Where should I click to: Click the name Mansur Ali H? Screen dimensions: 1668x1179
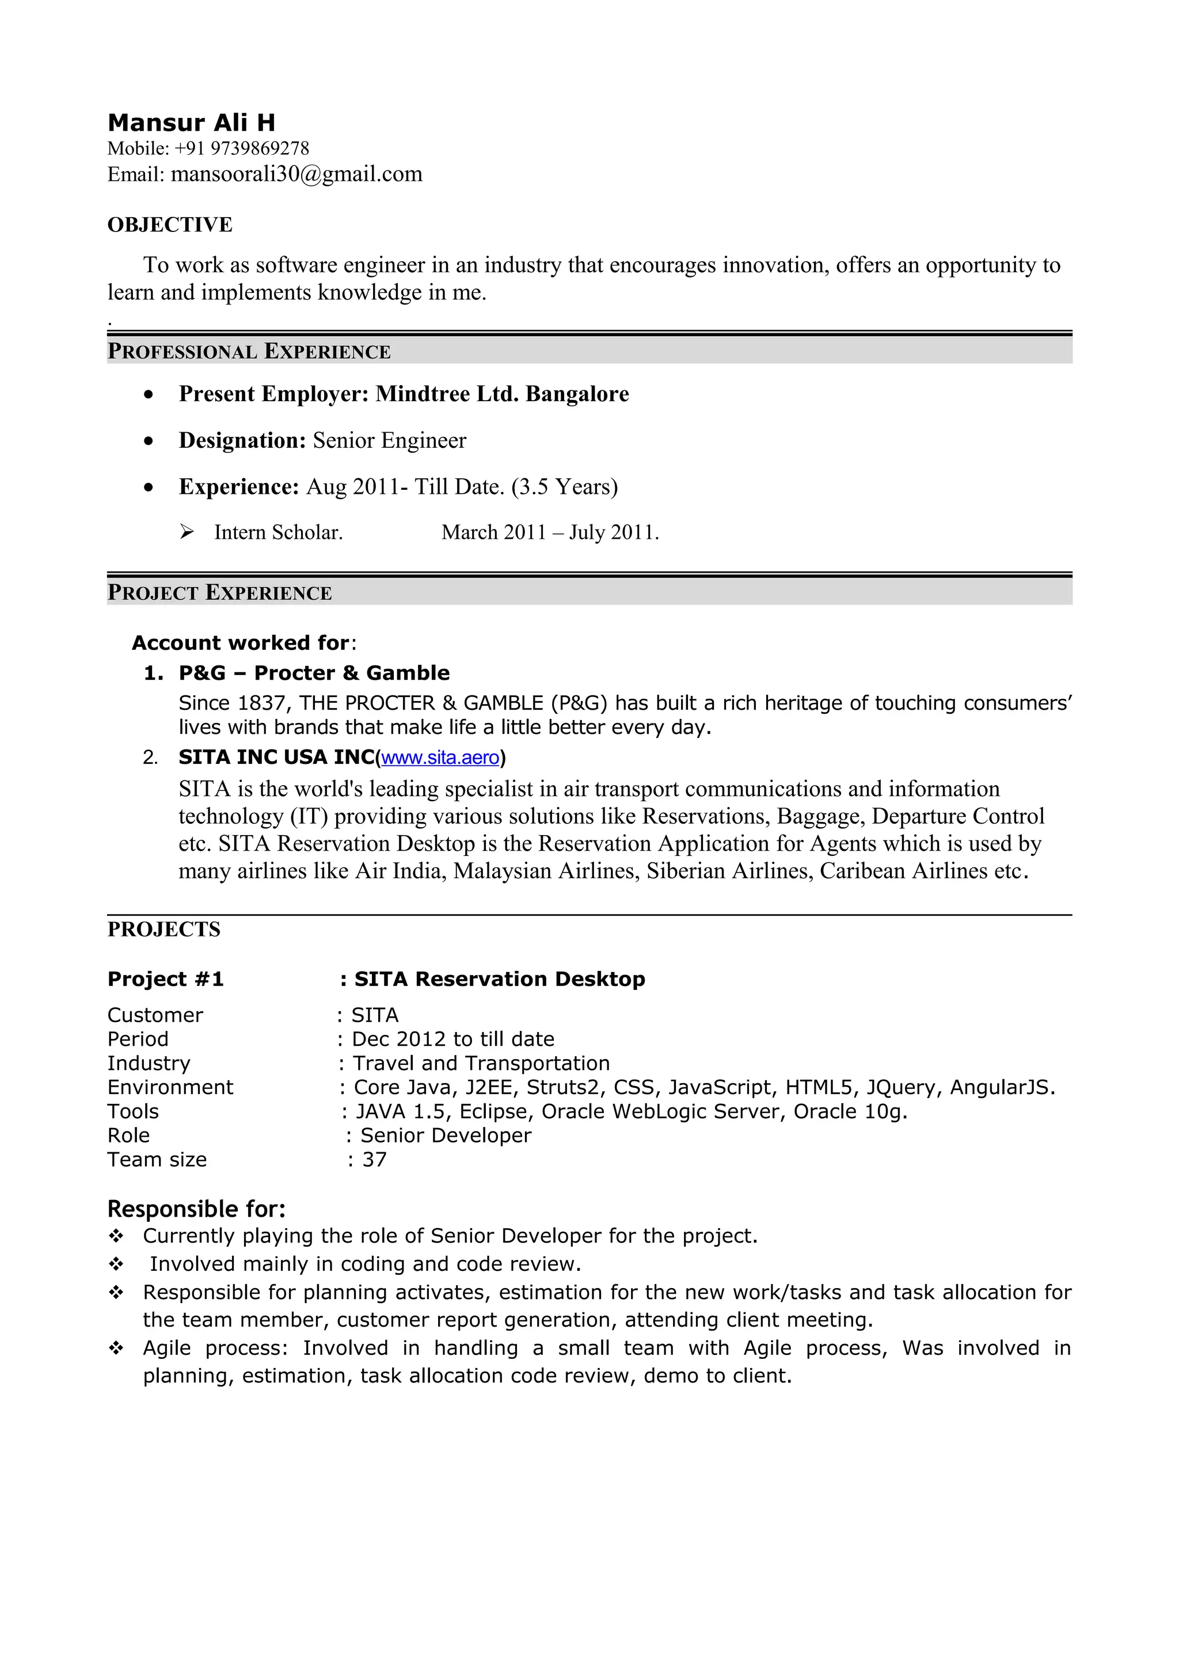click(x=191, y=122)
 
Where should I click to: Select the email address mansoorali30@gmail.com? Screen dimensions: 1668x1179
click(x=296, y=174)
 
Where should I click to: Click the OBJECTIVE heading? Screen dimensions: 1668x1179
click(x=170, y=224)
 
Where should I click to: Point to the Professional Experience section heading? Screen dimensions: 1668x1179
click(x=249, y=352)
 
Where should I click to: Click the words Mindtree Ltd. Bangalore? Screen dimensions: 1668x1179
click(x=502, y=394)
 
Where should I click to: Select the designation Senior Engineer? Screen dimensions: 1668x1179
click(x=389, y=440)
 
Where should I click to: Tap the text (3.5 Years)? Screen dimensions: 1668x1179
click(x=564, y=487)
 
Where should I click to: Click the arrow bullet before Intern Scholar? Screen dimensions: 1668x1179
click(x=187, y=532)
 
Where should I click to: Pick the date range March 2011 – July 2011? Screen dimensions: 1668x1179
click(x=550, y=532)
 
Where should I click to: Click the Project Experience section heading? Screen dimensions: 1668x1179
click(x=219, y=593)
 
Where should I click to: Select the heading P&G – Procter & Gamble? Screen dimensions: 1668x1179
click(x=314, y=673)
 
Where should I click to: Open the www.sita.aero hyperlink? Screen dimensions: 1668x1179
click(x=439, y=757)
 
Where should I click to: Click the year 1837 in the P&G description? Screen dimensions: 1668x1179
click(x=261, y=703)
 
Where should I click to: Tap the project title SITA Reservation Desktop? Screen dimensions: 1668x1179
click(x=499, y=979)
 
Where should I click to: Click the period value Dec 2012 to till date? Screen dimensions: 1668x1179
click(x=452, y=1039)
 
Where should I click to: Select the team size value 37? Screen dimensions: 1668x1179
click(x=374, y=1159)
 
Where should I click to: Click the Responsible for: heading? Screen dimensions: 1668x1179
click(x=196, y=1209)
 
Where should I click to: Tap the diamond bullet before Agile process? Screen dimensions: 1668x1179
click(x=116, y=1349)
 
